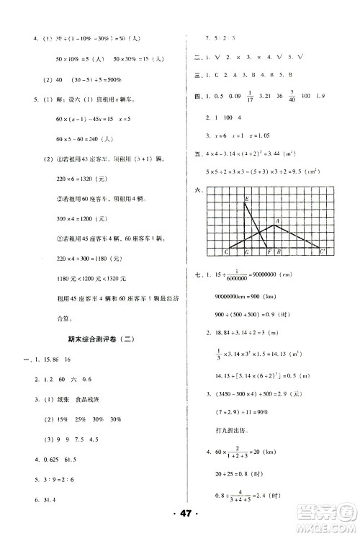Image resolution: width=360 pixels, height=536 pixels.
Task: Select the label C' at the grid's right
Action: tap(324, 251)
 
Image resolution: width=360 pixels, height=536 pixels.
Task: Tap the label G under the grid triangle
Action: tap(246, 252)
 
